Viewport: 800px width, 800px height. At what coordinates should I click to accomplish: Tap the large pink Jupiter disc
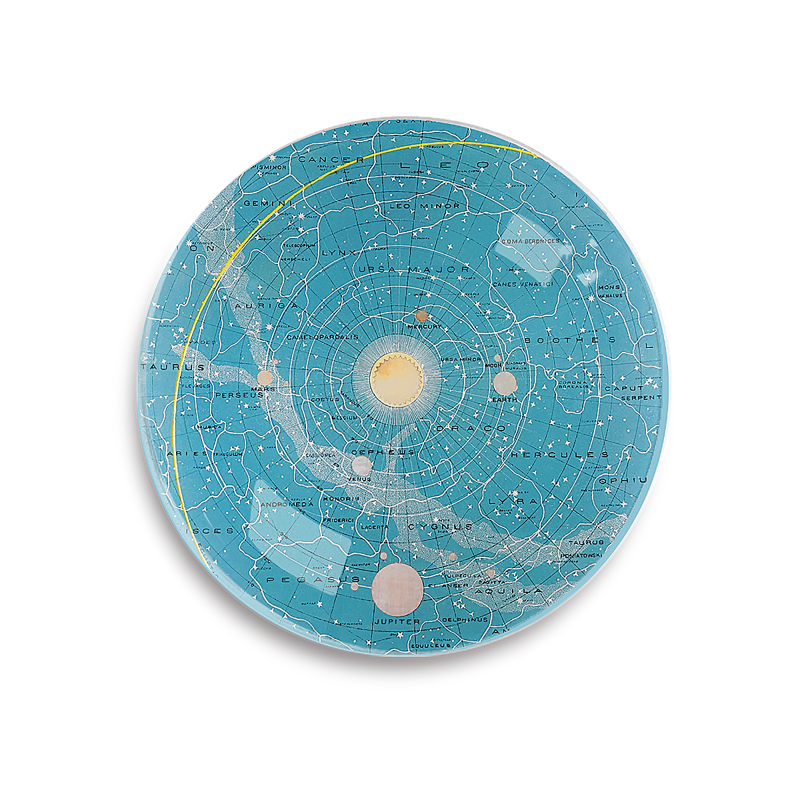tap(397, 588)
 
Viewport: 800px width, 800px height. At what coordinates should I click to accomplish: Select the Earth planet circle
tap(505, 382)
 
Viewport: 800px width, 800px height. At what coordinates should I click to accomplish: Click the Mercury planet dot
tap(421, 315)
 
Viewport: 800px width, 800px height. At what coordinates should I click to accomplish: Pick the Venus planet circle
tap(361, 465)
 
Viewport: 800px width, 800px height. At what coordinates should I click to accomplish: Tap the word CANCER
tap(331, 160)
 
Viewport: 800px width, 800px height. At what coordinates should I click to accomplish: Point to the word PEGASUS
tap(313, 581)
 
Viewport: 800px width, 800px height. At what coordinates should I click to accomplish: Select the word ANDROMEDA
tap(287, 505)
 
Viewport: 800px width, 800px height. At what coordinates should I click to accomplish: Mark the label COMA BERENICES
tap(531, 241)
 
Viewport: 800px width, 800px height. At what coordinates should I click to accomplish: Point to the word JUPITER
tap(397, 621)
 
